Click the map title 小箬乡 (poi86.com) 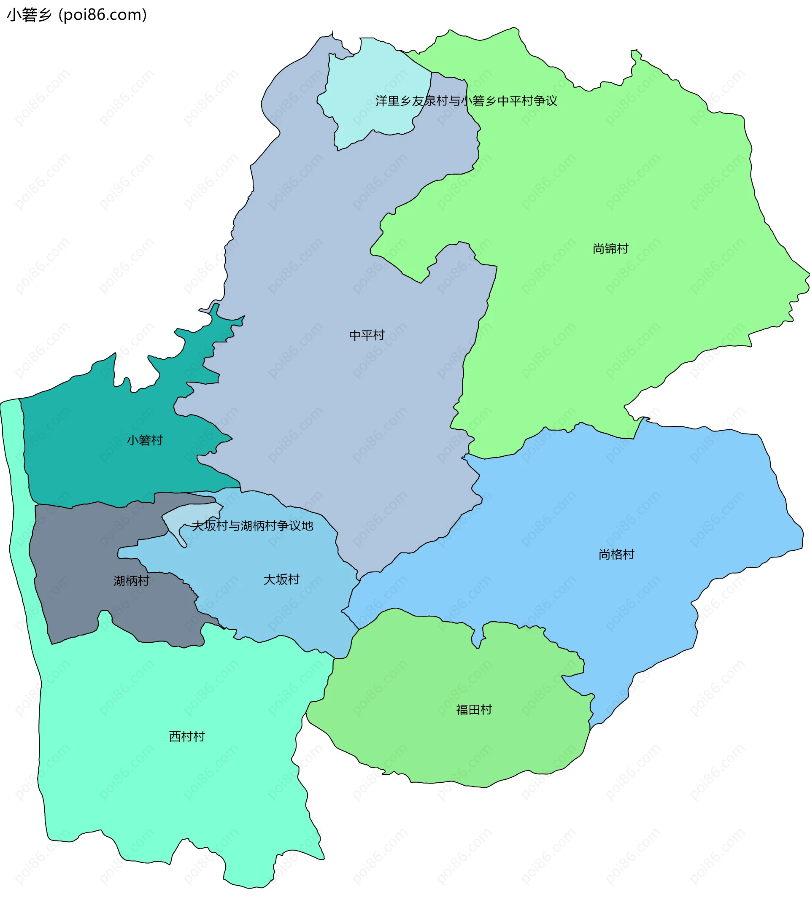click(77, 15)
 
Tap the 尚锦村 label click(610, 249)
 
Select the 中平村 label click(367, 335)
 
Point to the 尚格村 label click(616, 555)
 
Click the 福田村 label click(474, 710)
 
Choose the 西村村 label click(186, 737)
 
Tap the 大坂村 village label click(281, 580)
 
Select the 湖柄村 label click(131, 581)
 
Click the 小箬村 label click(144, 441)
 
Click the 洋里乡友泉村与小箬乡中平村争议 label click(466, 101)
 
